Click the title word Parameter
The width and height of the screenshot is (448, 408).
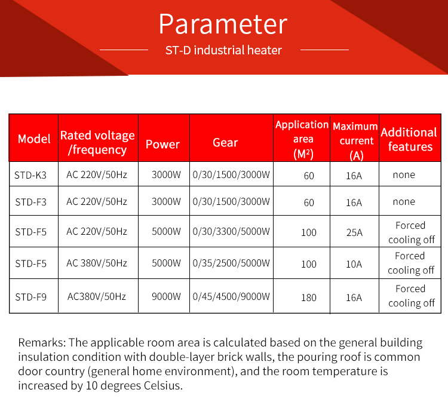click(x=223, y=24)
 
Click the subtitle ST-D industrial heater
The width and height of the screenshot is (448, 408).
click(x=223, y=50)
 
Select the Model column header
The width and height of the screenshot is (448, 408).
click(x=34, y=139)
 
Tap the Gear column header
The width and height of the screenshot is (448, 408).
click(x=225, y=142)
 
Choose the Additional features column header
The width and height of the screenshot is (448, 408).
click(x=409, y=139)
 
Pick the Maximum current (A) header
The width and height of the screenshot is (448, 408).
click(x=355, y=141)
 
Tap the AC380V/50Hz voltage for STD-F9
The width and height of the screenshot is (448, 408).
click(x=97, y=296)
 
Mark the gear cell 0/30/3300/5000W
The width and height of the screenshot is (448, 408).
click(x=231, y=232)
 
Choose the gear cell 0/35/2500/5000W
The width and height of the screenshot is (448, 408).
click(x=231, y=263)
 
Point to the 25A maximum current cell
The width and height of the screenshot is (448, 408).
click(x=354, y=232)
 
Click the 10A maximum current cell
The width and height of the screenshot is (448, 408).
click(x=354, y=263)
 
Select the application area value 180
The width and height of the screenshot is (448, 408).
click(x=309, y=297)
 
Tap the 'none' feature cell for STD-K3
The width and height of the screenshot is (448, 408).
click(x=404, y=175)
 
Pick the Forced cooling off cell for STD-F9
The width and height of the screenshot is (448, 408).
click(x=411, y=296)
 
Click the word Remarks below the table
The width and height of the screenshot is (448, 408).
click(x=42, y=343)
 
